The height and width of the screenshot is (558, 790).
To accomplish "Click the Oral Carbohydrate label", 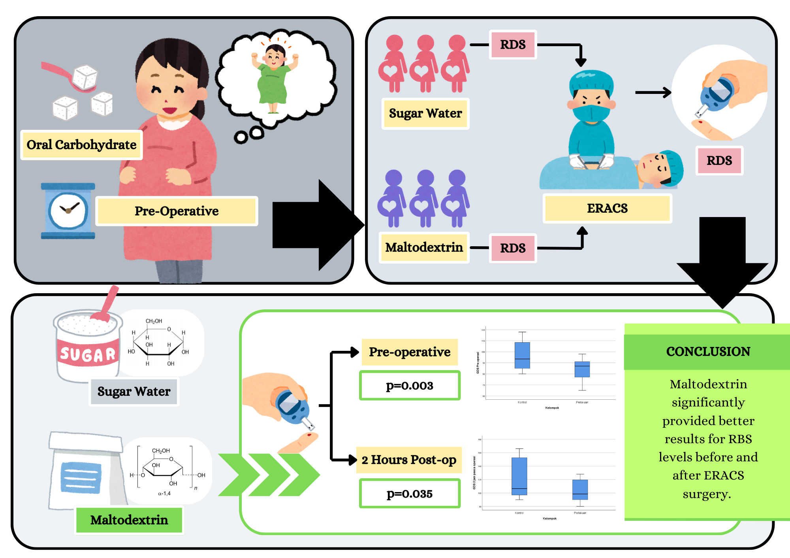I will [x=81, y=145].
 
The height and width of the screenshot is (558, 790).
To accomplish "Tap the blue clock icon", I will [x=68, y=211].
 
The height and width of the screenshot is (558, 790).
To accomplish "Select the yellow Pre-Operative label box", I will [x=177, y=211].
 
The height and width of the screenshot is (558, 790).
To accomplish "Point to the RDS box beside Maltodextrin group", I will [x=513, y=248].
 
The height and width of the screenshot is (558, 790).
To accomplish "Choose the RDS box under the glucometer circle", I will [x=719, y=161].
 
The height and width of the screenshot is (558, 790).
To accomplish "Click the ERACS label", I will [x=607, y=208].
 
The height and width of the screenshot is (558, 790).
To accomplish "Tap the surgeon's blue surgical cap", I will [x=591, y=81].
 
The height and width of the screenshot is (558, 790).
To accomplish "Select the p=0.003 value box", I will [x=410, y=386].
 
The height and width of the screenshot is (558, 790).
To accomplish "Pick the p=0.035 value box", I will [x=410, y=494].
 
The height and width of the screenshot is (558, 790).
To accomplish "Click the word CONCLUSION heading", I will [x=708, y=352].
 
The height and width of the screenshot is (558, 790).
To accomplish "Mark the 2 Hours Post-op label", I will [x=409, y=460].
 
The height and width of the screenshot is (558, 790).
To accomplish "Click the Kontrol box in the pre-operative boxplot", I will [x=522, y=355].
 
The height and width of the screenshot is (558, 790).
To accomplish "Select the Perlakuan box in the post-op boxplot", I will [x=580, y=490].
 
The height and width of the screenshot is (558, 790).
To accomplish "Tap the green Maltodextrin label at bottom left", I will [x=129, y=520].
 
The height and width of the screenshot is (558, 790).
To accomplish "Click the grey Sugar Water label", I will [x=134, y=391].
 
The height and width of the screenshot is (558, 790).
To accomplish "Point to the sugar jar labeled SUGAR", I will [x=87, y=347].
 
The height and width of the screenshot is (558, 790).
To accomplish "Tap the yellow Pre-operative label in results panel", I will [x=410, y=352].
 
